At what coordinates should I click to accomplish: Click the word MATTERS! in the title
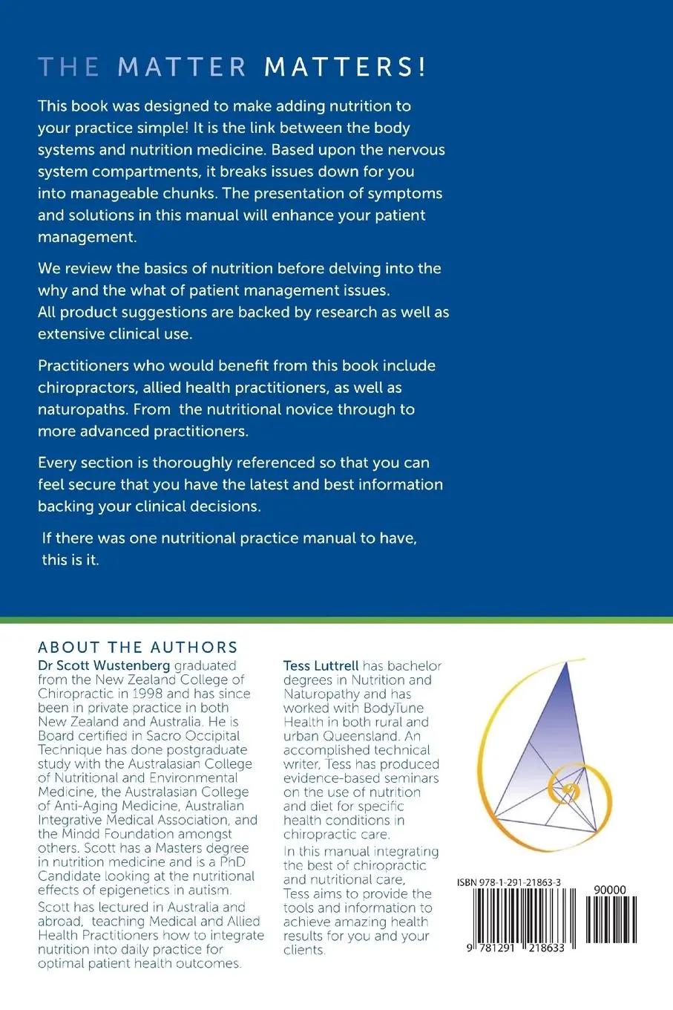(x=346, y=67)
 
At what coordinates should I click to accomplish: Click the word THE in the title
(x=69, y=67)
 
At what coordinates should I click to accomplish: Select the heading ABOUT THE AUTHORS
(x=138, y=647)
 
